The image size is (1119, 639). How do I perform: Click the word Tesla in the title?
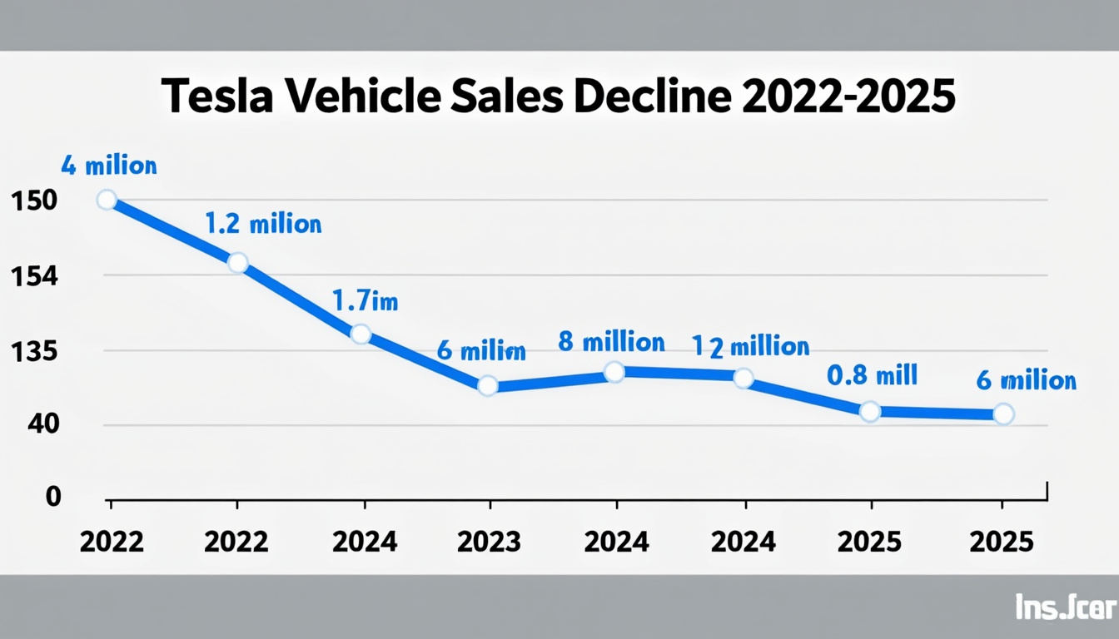(218, 97)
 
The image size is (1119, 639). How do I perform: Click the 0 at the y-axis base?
(53, 497)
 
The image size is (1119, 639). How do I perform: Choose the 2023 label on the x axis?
(489, 542)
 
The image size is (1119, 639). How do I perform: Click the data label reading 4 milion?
(108, 166)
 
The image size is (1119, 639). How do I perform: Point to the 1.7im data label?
(365, 300)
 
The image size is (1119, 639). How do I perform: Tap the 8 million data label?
(611, 342)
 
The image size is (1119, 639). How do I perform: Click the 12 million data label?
(750, 346)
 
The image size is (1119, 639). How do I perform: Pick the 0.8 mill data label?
(871, 375)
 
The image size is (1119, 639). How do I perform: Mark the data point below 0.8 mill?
(869, 411)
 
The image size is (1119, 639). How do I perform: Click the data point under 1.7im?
(361, 334)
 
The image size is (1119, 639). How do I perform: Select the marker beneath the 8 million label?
(614, 372)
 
